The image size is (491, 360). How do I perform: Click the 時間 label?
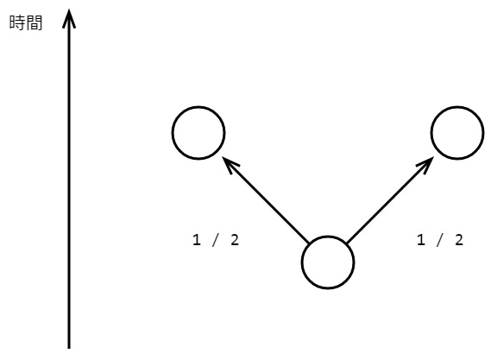point(26,22)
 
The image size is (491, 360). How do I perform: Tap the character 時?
point(17,22)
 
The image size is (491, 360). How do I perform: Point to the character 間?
point(35,22)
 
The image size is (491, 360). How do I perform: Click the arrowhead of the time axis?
point(69,19)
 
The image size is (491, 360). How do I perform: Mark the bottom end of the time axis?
point(69,348)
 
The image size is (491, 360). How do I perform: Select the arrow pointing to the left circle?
point(266,199)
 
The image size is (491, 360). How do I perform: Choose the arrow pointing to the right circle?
point(390,199)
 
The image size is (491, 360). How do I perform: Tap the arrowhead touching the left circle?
point(230,164)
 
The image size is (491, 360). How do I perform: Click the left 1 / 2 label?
point(216,240)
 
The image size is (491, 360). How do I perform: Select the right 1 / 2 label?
point(440,240)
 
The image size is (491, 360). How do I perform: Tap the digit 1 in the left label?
point(197,240)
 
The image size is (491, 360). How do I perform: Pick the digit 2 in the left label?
point(235,240)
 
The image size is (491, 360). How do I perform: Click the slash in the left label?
point(216,240)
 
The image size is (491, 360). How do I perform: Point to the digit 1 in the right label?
point(421,240)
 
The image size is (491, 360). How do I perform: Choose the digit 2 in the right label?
point(459,240)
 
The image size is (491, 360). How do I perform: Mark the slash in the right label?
point(439,240)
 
